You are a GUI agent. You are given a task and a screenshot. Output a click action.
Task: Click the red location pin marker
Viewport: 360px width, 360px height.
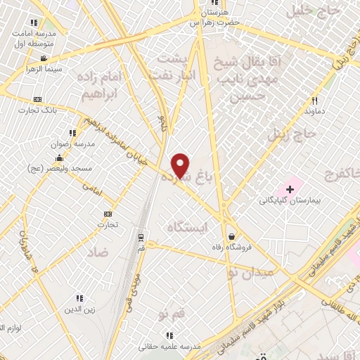click(181, 165)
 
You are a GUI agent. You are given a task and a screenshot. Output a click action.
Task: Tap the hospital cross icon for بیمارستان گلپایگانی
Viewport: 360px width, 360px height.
click(290, 189)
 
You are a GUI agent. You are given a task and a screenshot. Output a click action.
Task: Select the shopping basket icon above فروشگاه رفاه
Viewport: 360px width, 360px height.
click(231, 236)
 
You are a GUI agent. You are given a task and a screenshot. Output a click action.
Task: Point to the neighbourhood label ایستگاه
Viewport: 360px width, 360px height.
click(191, 227)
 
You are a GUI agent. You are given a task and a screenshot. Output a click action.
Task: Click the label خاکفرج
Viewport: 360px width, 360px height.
click(342, 174)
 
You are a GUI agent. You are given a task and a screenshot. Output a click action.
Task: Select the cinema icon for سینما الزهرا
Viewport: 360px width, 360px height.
click(44, 58)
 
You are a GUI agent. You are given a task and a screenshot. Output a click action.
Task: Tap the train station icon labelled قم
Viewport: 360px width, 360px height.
click(141, 236)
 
